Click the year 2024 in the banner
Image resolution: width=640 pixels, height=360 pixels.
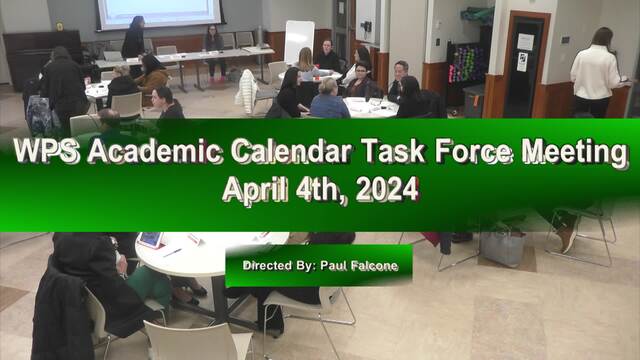[387, 189]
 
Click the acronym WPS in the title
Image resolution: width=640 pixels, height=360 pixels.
[46, 151]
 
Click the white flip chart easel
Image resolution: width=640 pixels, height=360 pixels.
[299, 42]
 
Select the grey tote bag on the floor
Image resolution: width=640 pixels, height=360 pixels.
[502, 247]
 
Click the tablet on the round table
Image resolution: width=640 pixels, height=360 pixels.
[150, 240]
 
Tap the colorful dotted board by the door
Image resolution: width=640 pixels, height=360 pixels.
[467, 64]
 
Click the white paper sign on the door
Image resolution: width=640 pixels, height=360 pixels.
[525, 42]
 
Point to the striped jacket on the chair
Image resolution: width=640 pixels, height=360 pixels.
[246, 92]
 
